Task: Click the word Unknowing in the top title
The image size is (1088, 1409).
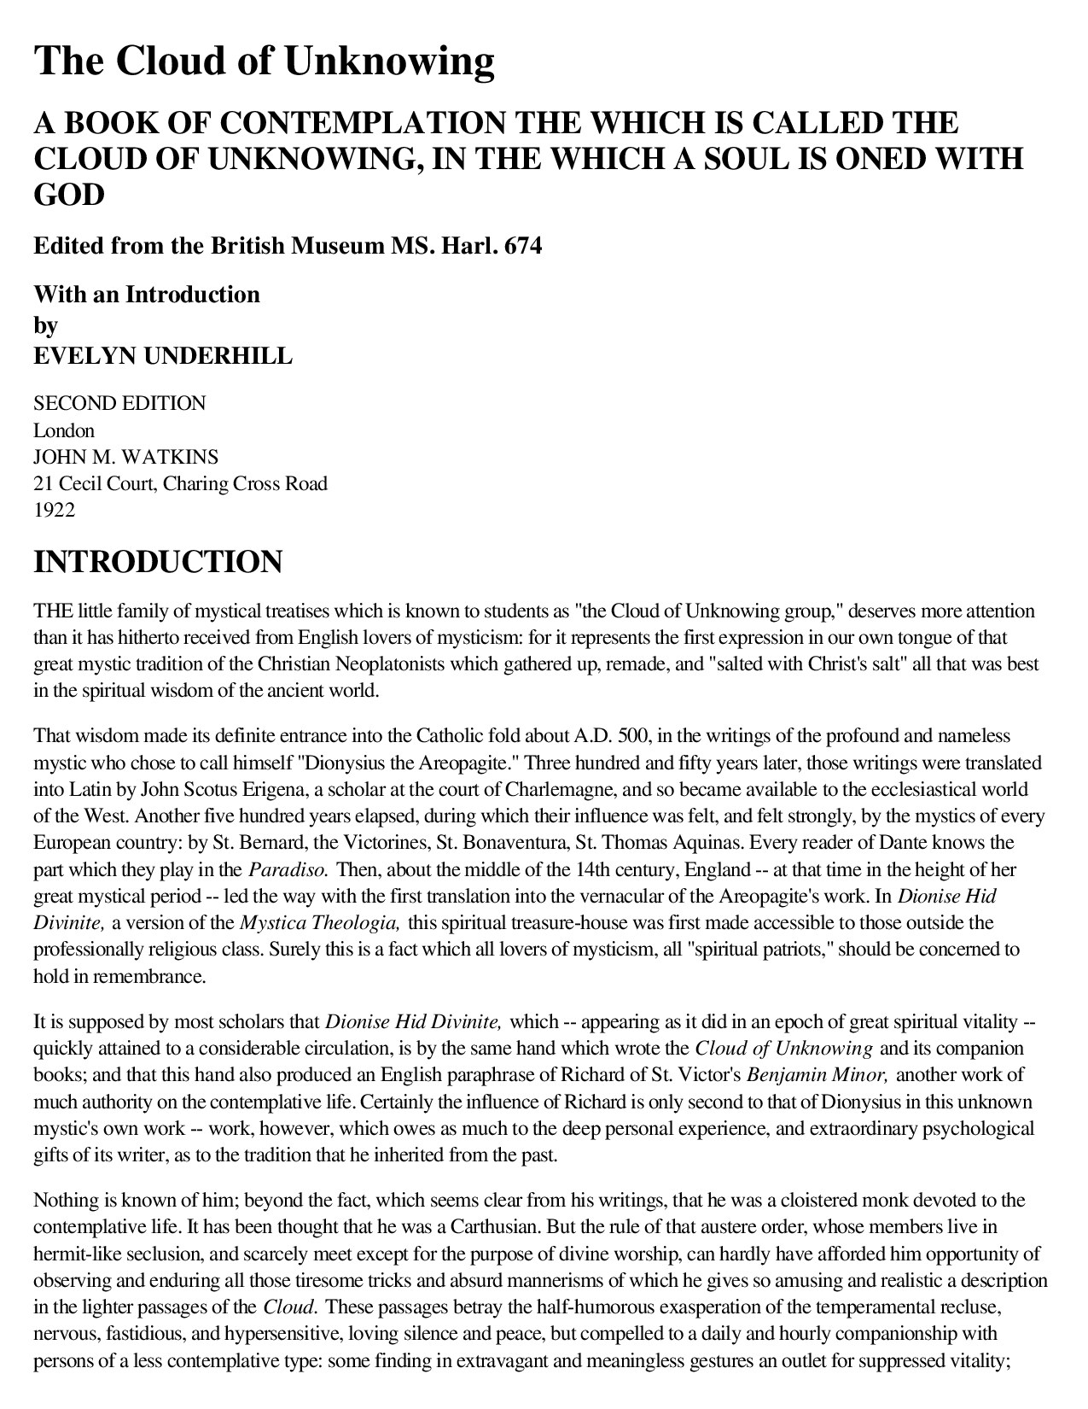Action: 389,61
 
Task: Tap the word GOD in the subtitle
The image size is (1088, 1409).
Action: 68,196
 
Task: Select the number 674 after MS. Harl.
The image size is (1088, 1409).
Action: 523,247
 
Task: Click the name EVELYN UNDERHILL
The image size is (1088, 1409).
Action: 162,356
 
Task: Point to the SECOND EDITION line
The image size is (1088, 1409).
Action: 119,403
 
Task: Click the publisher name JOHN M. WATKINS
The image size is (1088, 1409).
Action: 125,457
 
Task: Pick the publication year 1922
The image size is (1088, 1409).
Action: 54,511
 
